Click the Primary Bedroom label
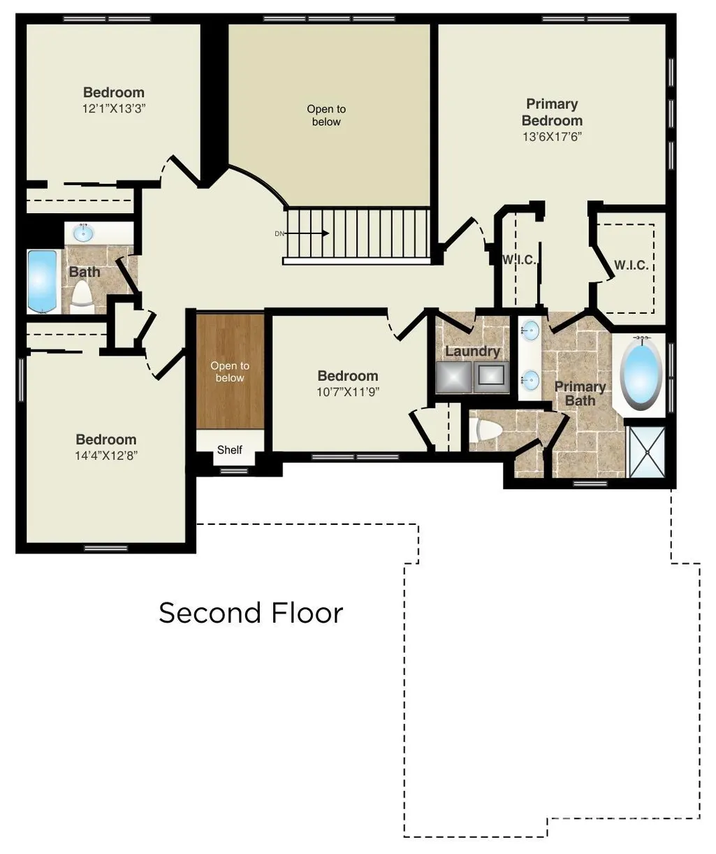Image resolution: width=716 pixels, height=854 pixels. pyautogui.click(x=552, y=112)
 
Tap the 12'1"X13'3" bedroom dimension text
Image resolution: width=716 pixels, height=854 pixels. pyautogui.click(x=114, y=109)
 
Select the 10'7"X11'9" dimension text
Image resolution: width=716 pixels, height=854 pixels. pyautogui.click(x=348, y=392)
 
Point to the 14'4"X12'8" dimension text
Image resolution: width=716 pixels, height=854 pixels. pyautogui.click(x=106, y=455)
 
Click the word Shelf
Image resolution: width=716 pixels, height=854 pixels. pyautogui.click(x=229, y=450)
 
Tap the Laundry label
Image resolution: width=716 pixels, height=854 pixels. pyautogui.click(x=472, y=352)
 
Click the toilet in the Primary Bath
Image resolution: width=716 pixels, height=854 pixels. pyautogui.click(x=485, y=430)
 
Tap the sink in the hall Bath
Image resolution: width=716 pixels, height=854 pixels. pyautogui.click(x=83, y=233)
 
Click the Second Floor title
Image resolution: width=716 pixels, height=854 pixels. pyautogui.click(x=251, y=613)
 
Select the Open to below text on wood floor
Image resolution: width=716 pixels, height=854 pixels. pyautogui.click(x=229, y=371)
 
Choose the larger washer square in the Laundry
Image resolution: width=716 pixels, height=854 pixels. pyautogui.click(x=453, y=377)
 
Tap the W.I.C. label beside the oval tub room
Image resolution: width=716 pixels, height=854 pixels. pyautogui.click(x=631, y=266)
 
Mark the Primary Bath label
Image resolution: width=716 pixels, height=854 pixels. pyautogui.click(x=580, y=393)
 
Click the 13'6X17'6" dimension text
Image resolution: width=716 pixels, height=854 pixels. pyautogui.click(x=552, y=136)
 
